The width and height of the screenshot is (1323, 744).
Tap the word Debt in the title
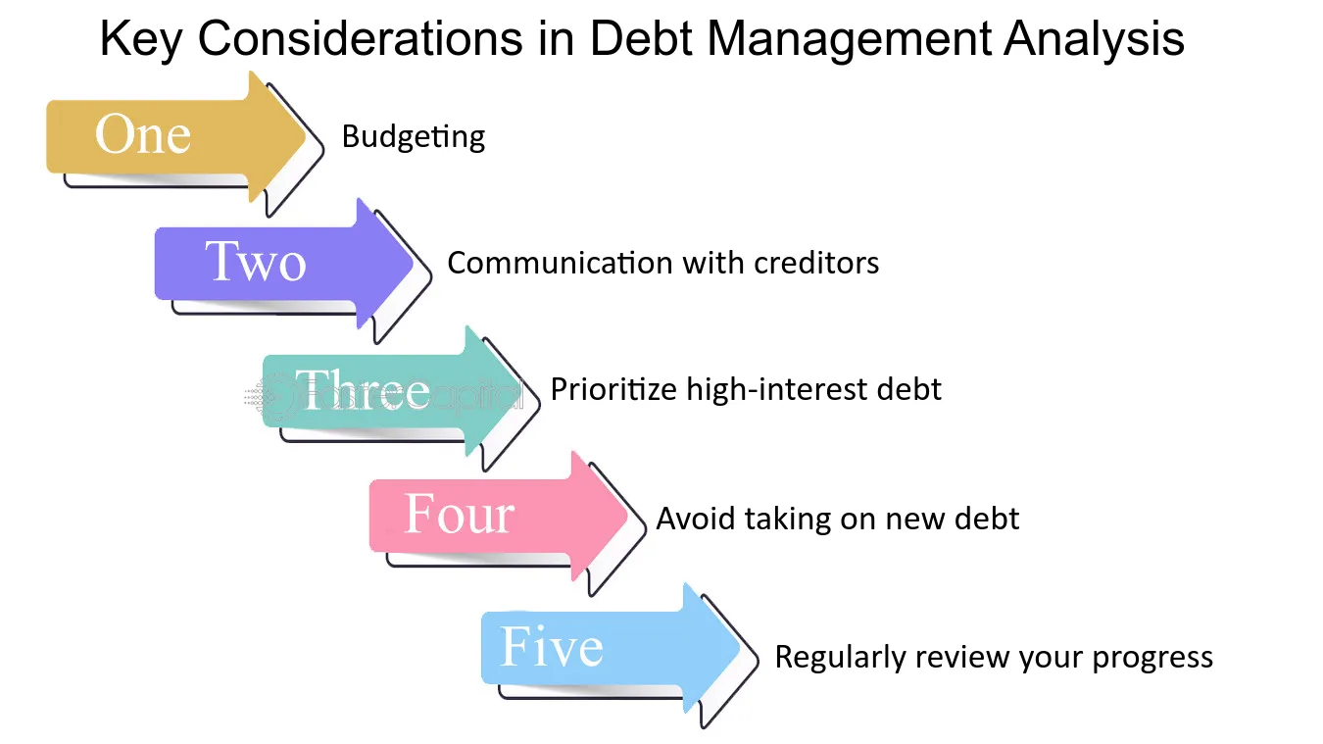(641, 38)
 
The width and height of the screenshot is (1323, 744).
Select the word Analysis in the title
(1094, 39)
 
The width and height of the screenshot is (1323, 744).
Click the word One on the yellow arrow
(143, 134)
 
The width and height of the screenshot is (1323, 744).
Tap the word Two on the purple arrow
(256, 261)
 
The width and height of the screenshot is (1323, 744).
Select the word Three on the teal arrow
(362, 388)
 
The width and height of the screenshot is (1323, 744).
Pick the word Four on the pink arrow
(459, 514)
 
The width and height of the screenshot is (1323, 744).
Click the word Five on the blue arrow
(552, 646)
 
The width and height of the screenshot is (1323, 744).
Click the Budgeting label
(414, 137)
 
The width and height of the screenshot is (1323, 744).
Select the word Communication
(561, 263)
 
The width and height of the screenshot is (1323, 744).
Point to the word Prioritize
(613, 389)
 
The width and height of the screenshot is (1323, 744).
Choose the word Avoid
(695, 519)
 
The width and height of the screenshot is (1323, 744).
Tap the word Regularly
(840, 657)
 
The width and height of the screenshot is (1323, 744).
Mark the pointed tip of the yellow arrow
(306, 137)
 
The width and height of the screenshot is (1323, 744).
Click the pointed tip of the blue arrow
(740, 649)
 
